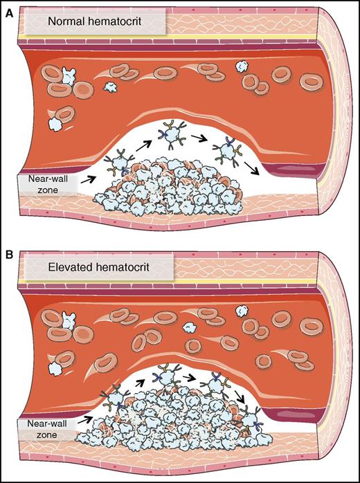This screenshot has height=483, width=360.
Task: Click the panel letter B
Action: [x=9, y=246]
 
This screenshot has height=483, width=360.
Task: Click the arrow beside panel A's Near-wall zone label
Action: [x=88, y=179]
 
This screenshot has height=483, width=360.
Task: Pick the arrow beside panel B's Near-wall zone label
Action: [x=88, y=417]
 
